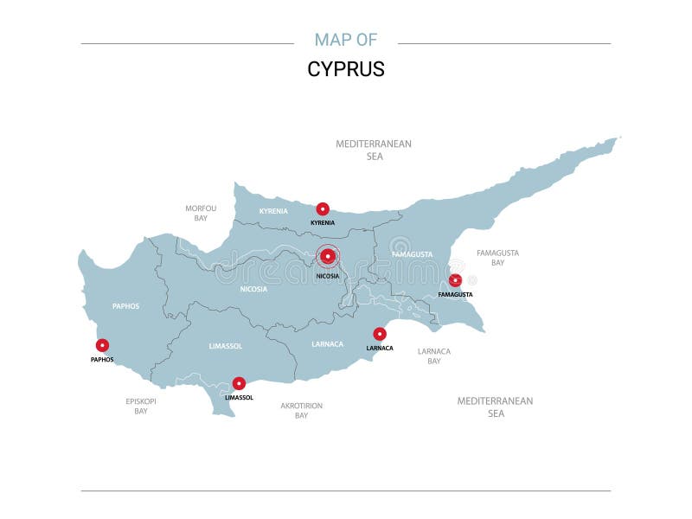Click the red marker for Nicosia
(328, 255)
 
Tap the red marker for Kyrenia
(323, 208)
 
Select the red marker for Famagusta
(455, 279)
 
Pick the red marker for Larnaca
(380, 334)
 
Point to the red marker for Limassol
(239, 383)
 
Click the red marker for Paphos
(102, 345)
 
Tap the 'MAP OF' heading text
(346, 40)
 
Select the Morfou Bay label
(201, 213)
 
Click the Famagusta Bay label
(497, 257)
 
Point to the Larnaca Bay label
(434, 356)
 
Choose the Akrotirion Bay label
(301, 410)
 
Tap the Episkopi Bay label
(141, 406)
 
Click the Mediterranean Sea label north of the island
(374, 150)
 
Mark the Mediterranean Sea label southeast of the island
(495, 407)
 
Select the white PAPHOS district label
(125, 306)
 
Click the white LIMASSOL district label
(226, 346)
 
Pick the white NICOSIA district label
(253, 289)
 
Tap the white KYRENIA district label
(273, 211)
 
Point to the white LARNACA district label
(327, 344)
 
